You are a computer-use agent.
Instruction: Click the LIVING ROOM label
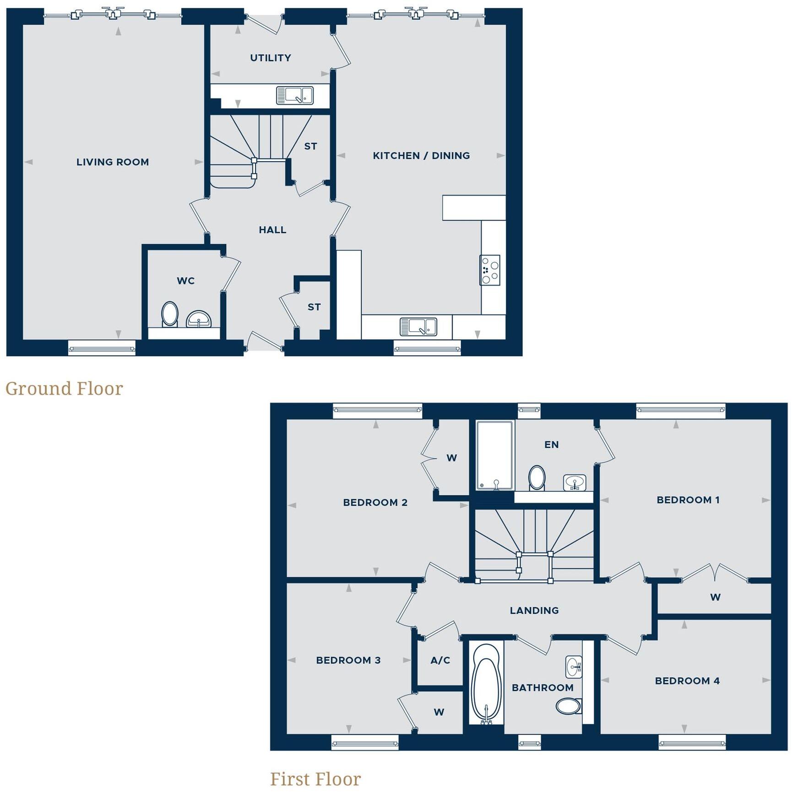[x=113, y=162]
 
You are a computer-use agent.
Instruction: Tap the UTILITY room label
[x=271, y=58]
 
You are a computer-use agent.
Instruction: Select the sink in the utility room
[x=294, y=96]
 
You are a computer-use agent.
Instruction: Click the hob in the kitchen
[x=489, y=270]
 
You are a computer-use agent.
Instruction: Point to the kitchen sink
[x=418, y=327]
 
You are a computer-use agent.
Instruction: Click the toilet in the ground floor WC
[x=169, y=314]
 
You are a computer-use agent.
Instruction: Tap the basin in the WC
[x=199, y=319]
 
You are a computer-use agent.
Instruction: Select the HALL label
[x=272, y=230]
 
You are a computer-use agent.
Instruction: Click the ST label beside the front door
[x=314, y=307]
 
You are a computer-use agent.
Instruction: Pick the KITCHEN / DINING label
[x=421, y=156]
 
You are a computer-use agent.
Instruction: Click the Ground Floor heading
[x=64, y=389]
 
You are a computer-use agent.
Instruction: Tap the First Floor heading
[x=315, y=779]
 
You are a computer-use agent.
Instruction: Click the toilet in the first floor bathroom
[x=568, y=706]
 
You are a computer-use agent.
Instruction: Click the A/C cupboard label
[x=440, y=660]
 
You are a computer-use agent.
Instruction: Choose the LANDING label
[x=534, y=610]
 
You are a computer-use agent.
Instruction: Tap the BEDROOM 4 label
[x=687, y=681]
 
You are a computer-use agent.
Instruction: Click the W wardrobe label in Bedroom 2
[x=452, y=458]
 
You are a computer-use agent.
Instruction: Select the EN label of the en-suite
[x=552, y=445]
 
